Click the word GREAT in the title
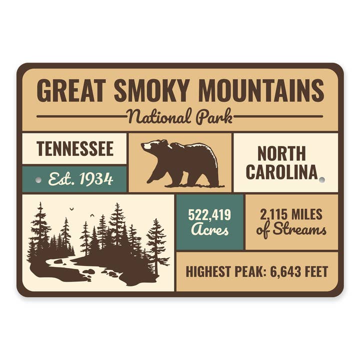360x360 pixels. [70, 91]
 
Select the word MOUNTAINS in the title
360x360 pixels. [260, 91]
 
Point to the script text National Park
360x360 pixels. [179, 116]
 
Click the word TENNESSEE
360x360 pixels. [75, 148]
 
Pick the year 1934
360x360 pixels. [96, 179]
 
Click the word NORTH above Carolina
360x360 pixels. [281, 153]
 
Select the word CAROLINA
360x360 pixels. [281, 171]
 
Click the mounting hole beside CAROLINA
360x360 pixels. [322, 179]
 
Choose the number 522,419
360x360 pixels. [209, 215]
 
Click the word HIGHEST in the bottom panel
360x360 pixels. [207, 271]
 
